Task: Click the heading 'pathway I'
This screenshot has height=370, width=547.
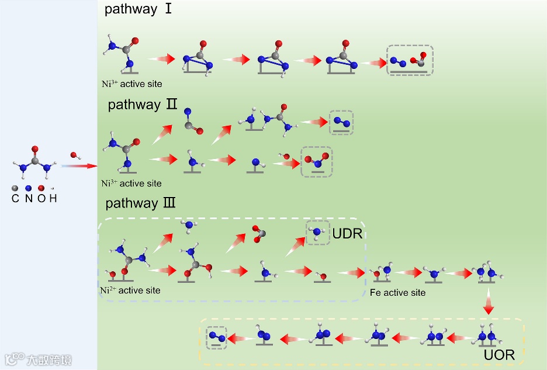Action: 138,9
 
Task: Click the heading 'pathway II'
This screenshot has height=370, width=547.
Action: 143,105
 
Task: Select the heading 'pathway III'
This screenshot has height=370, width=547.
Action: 140,203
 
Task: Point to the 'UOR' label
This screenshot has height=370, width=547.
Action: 499,355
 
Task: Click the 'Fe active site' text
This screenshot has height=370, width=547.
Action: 397,292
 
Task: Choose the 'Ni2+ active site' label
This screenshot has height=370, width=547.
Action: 130,290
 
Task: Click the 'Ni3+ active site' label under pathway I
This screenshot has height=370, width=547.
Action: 131,84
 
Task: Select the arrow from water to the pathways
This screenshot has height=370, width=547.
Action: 79,166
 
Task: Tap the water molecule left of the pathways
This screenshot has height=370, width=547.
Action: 75,155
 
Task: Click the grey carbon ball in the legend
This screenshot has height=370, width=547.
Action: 15,188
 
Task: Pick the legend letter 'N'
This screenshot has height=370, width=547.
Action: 27,199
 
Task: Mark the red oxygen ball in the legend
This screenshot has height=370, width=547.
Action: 40,188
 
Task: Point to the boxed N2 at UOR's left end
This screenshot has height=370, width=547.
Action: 216,337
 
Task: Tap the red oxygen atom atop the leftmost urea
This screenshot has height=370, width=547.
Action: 34,149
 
